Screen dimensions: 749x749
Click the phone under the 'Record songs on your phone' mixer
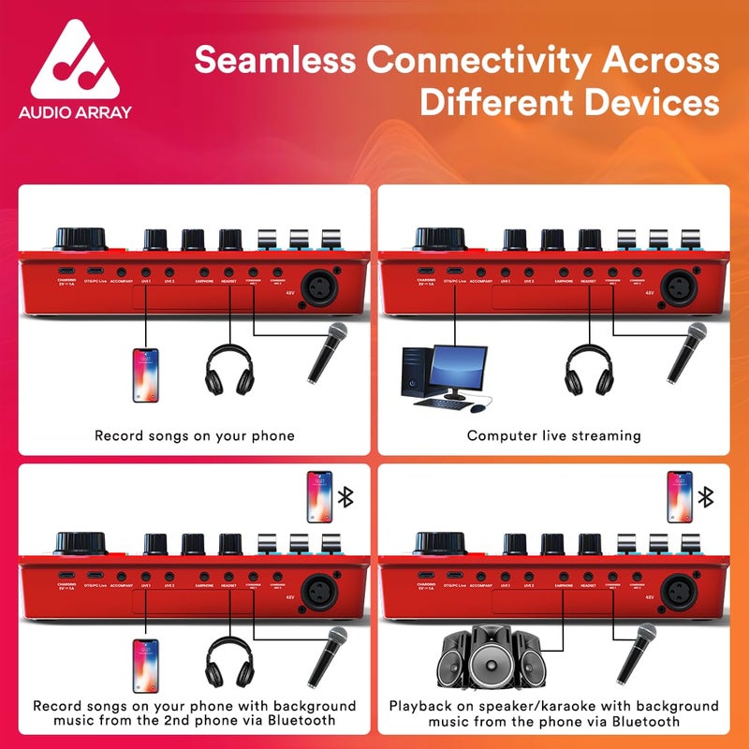point(144,374)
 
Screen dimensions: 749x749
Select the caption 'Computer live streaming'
point(553,435)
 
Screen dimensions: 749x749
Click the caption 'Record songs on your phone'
point(195,435)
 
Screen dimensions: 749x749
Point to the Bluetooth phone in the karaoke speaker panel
point(680,497)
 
